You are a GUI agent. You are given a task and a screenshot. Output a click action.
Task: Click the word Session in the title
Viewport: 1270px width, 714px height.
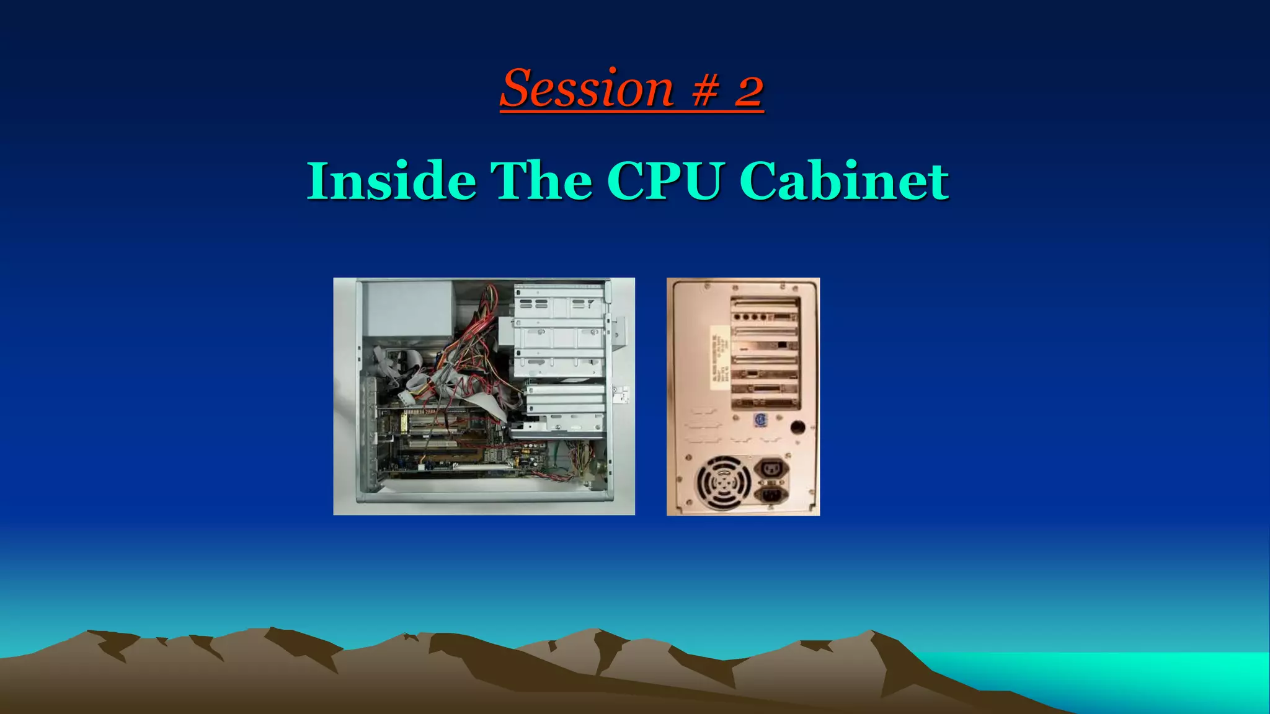(x=587, y=89)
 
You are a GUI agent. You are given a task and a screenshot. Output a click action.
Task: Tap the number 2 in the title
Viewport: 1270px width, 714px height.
(x=749, y=90)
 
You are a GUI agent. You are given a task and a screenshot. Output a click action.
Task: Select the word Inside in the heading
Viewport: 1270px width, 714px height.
(x=391, y=181)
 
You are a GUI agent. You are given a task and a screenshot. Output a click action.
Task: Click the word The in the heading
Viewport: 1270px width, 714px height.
(x=541, y=181)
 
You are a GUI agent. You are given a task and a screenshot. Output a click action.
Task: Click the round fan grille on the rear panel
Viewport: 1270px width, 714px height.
(x=723, y=483)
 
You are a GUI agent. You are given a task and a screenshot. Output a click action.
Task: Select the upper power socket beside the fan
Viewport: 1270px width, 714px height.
(x=771, y=469)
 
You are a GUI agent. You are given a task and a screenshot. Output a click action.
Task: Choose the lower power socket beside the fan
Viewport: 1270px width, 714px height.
(x=771, y=494)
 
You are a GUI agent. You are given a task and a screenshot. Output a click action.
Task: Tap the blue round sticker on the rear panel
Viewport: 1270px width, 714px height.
(x=761, y=420)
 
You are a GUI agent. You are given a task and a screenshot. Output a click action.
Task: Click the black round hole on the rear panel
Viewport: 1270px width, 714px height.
(x=798, y=427)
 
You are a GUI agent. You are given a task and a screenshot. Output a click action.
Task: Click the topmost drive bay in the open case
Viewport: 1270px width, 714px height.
(x=559, y=304)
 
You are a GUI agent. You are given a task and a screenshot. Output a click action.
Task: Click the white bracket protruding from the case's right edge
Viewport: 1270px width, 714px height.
(x=621, y=394)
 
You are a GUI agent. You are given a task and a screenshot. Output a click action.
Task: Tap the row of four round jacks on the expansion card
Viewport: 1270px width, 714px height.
(x=747, y=317)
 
